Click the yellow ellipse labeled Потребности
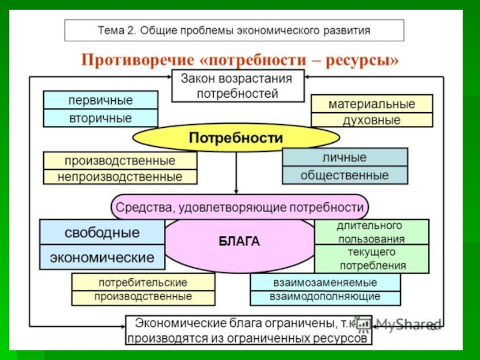(x=236, y=138)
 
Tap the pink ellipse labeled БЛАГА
(x=239, y=242)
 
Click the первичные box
(x=100, y=100)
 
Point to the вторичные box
(x=100, y=118)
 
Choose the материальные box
(x=371, y=103)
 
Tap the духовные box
(x=371, y=119)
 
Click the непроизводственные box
(x=120, y=177)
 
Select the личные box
(x=344, y=157)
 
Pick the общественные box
(x=344, y=175)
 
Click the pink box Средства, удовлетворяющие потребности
(x=239, y=207)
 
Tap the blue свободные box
(x=102, y=232)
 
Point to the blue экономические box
(x=102, y=258)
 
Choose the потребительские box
(x=143, y=282)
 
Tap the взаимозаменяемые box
(x=325, y=282)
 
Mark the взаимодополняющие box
(x=325, y=297)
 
